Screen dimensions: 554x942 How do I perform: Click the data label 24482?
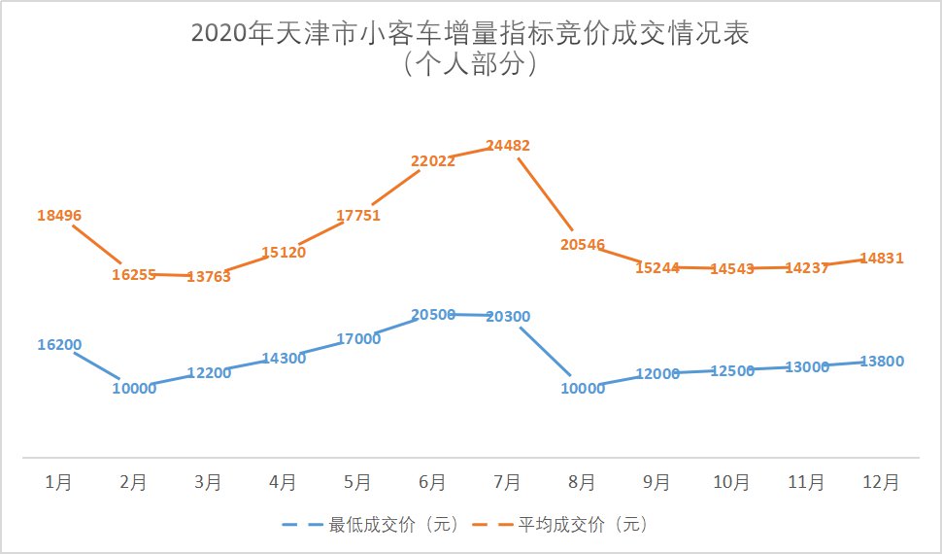click(x=509, y=146)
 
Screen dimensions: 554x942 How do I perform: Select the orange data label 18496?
click(x=59, y=216)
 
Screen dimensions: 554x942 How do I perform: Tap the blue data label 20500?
click(x=433, y=314)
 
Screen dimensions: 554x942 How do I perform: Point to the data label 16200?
click(x=59, y=344)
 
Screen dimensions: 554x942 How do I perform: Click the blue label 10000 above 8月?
click(x=583, y=389)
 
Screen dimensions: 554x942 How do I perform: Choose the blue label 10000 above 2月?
click(x=134, y=389)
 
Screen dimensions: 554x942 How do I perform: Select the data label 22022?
click(x=433, y=161)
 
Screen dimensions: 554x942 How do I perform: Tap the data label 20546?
click(x=583, y=245)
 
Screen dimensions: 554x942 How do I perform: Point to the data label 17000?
click(x=358, y=339)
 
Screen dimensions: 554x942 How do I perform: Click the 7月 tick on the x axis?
click(x=508, y=482)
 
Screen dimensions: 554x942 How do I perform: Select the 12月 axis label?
click(x=882, y=482)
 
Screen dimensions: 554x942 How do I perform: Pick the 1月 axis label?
click(x=59, y=482)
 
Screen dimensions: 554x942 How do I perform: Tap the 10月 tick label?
click(x=731, y=482)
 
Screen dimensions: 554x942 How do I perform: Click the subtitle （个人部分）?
click(x=470, y=66)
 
